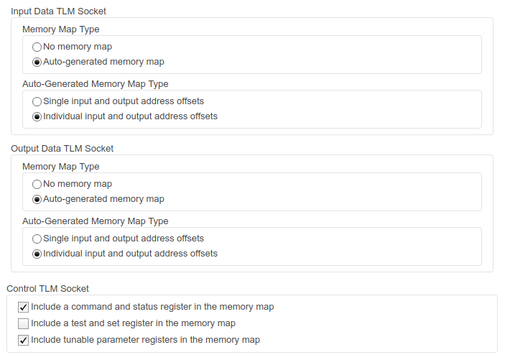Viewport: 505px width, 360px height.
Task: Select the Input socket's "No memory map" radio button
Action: [x=37, y=47]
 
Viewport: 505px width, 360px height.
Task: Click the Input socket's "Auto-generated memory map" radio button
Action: [x=37, y=62]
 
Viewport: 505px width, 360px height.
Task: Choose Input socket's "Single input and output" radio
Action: [x=37, y=101]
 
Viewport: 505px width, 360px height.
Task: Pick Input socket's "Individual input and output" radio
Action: [x=37, y=116]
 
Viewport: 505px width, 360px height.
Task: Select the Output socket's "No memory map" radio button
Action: [x=37, y=184]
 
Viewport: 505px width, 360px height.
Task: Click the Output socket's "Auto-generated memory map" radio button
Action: [x=37, y=200]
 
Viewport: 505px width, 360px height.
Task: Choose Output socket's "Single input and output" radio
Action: [x=37, y=239]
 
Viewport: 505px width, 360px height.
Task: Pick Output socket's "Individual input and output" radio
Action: [x=37, y=254]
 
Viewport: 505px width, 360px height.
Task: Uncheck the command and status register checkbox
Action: [x=23, y=307]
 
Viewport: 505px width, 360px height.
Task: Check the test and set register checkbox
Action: [x=23, y=323]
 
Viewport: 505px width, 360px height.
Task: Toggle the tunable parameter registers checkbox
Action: [x=23, y=340]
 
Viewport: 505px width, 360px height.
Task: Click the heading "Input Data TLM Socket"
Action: [x=58, y=11]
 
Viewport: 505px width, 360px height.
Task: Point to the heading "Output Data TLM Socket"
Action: [x=62, y=149]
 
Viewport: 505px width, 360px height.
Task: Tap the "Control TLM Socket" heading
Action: [x=47, y=288]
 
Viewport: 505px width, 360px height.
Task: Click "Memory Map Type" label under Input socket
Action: [x=61, y=29]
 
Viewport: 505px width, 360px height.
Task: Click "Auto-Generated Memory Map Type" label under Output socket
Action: [x=96, y=221]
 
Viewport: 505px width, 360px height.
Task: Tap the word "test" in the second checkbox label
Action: [x=78, y=323]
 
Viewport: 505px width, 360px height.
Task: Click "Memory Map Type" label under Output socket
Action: [x=61, y=167]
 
